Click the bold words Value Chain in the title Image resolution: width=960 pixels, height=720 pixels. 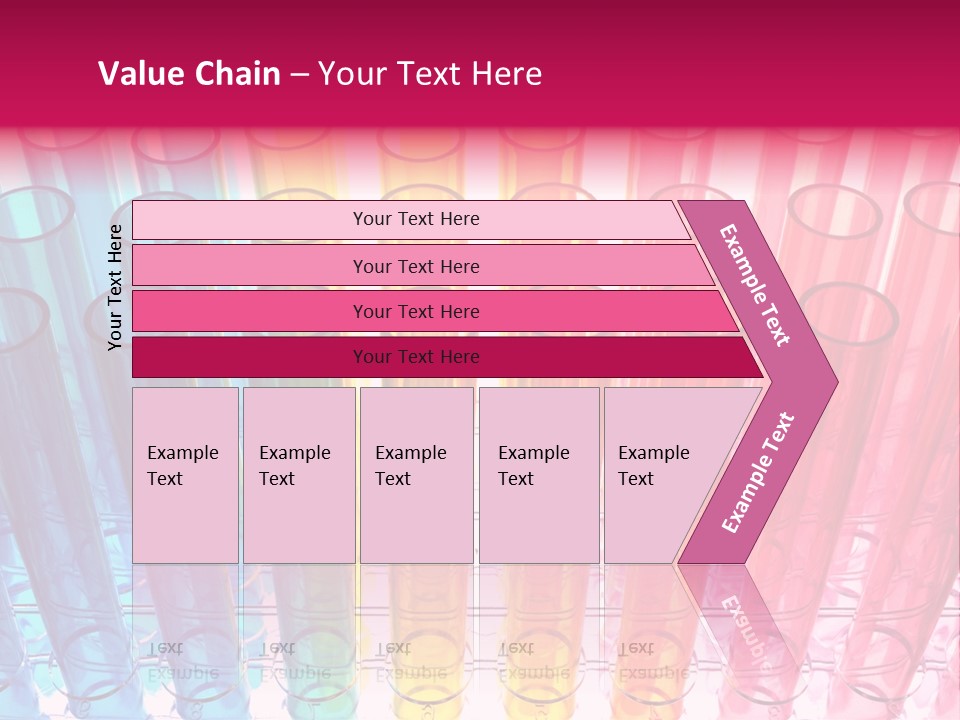[189, 74]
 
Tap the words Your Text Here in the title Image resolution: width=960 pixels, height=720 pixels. [430, 74]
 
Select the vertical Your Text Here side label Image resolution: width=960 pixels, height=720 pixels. [116, 287]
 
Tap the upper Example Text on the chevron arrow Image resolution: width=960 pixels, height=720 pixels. [755, 285]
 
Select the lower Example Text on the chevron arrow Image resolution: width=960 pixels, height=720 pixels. [757, 472]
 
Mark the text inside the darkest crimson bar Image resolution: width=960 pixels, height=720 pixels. [416, 357]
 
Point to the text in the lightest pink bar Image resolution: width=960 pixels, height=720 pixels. [416, 219]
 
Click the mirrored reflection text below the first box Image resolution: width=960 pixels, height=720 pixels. [182, 660]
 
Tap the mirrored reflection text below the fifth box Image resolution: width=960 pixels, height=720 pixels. [653, 660]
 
